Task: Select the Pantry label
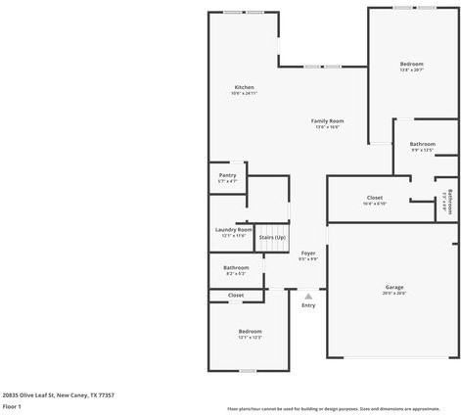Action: point(227,176)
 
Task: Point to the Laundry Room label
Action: point(233,230)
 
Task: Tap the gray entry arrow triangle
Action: point(308,295)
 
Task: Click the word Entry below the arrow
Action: point(308,305)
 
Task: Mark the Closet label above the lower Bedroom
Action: point(236,295)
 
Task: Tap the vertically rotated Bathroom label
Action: point(449,201)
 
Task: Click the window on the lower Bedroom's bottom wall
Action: point(248,371)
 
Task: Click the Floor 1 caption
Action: point(12,405)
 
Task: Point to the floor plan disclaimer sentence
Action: point(333,408)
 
